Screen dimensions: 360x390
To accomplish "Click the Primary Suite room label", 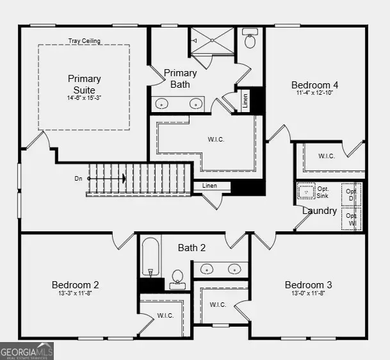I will coord(84,83).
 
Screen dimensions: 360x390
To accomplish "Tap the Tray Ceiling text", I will coord(84,41).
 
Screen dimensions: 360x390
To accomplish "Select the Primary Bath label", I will coord(180,78).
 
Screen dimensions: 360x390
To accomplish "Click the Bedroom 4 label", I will coord(314,85).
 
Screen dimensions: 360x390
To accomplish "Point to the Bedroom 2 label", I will coord(75,284).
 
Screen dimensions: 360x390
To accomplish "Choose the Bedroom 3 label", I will coord(308,284).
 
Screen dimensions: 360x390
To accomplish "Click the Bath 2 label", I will coord(191,247).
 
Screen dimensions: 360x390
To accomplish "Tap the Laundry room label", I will coord(319,210).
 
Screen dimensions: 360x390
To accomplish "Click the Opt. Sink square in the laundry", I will coord(306,192).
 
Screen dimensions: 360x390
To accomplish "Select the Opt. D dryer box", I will coord(352,194).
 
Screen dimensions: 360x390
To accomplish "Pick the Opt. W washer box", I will coord(352,218).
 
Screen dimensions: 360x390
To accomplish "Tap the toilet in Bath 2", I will coord(177,278).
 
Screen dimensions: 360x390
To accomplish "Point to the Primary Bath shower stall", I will coord(213,40).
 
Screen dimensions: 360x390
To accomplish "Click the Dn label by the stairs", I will coord(78,179).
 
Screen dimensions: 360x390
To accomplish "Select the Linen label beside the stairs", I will coord(209,186).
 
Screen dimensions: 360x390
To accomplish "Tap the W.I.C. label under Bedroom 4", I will coord(327,156).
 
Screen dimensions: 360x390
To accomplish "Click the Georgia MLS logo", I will coord(27,351).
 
